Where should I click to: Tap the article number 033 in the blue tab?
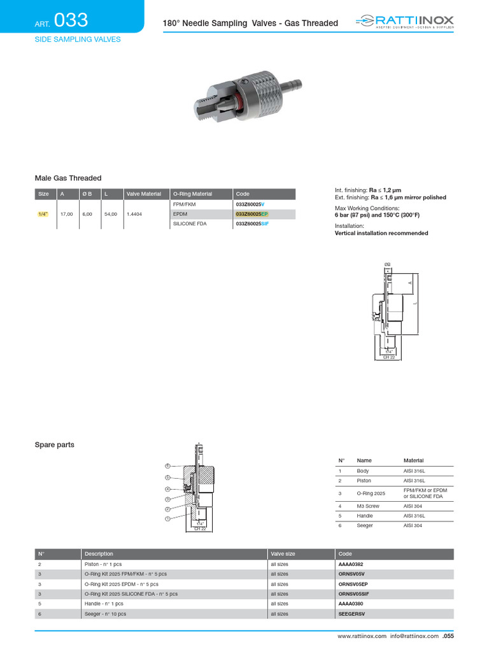pyautogui.click(x=71, y=21)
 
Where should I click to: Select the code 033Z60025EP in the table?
pyautogui.click(x=252, y=215)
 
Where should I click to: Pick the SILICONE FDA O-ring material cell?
pyautogui.click(x=190, y=224)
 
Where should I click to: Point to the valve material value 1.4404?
pyautogui.click(x=134, y=215)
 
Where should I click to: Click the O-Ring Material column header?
pyautogui.click(x=192, y=194)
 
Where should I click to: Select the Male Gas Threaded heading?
pyautogui.click(x=67, y=178)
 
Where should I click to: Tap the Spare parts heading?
pyautogui.click(x=54, y=445)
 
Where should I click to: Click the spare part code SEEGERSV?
pyautogui.click(x=351, y=614)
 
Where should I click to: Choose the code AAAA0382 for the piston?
pyautogui.click(x=351, y=564)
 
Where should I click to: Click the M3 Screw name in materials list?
pyautogui.click(x=368, y=506)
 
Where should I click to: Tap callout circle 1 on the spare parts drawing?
pyautogui.click(x=167, y=519)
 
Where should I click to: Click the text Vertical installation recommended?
pyautogui.click(x=381, y=234)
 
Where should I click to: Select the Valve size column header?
pyautogui.click(x=283, y=554)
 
